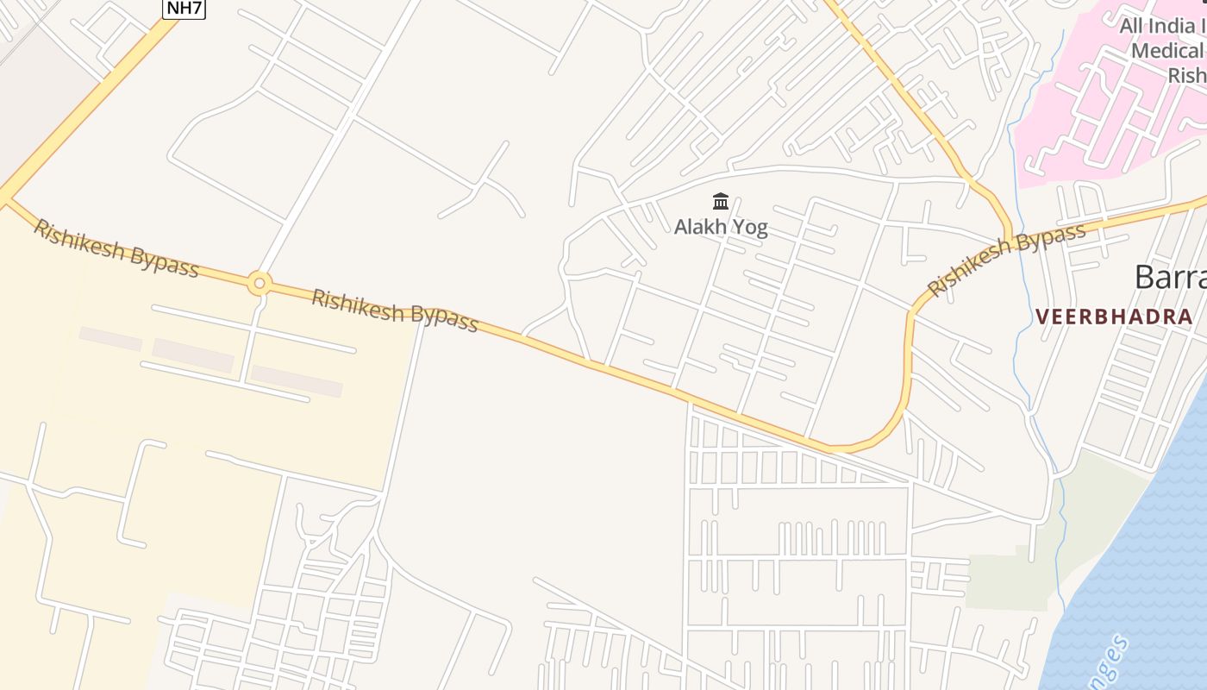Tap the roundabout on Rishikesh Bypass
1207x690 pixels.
260,283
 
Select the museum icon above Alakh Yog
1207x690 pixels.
721,202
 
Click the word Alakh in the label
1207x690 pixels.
698,228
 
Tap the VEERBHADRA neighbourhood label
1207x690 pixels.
1114,317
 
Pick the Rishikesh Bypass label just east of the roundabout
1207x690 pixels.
394,310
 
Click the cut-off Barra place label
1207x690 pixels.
1169,278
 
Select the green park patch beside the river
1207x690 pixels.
1009,578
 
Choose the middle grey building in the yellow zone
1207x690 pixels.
193,355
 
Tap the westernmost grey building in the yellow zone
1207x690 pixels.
110,339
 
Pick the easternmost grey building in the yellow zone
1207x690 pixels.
297,381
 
